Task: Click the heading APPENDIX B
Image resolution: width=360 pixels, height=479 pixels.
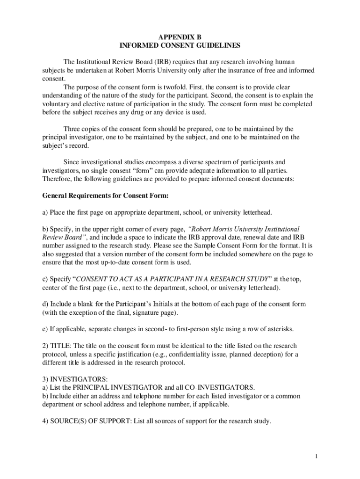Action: [180, 37]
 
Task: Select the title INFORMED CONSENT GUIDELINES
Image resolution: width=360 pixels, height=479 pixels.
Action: [180, 46]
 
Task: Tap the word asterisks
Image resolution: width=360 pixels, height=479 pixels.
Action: [277, 329]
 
